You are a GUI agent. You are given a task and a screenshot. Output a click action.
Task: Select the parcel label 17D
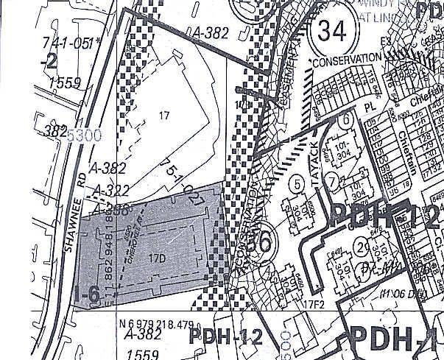pos(155,258)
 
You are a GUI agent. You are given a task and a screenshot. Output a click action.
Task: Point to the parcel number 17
pos(163,115)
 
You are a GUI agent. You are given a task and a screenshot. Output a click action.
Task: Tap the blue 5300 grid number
pos(80,136)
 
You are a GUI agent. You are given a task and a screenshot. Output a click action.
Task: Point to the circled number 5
pos(297,182)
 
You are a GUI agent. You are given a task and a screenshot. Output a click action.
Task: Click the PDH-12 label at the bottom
pos(225,336)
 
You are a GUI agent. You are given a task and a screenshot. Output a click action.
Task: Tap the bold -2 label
pos(50,61)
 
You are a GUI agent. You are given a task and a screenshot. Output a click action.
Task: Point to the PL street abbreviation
pos(370,107)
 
